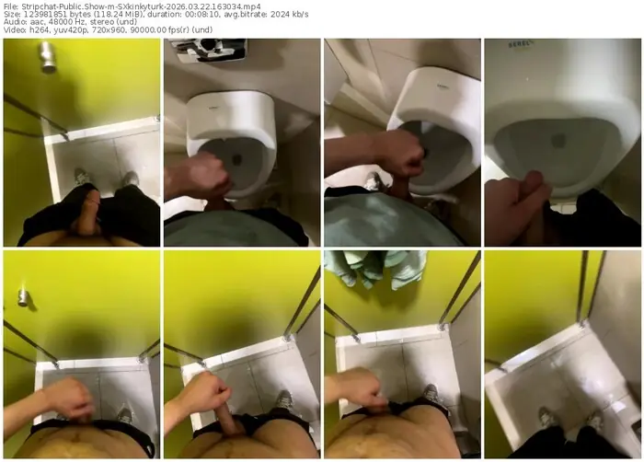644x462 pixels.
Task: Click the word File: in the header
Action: (x=10, y=6)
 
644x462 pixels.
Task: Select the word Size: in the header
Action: (x=11, y=15)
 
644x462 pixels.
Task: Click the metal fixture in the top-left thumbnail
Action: (x=48, y=57)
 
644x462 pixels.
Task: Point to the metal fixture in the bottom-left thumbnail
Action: (x=23, y=296)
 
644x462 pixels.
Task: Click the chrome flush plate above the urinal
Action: (x=212, y=50)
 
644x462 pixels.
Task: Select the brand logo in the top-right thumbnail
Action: (x=522, y=44)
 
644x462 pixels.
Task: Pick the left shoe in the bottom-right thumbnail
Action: (x=548, y=417)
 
